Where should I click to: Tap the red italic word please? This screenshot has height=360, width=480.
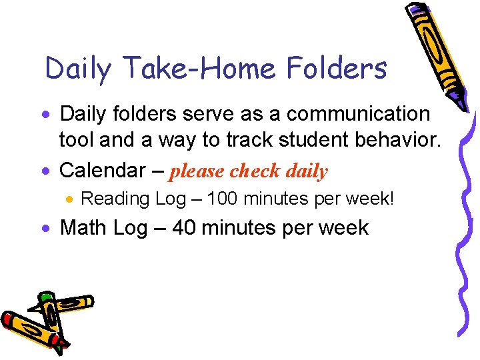point(198,171)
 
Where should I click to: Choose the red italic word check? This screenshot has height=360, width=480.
point(255,171)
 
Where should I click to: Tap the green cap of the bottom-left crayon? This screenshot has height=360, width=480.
point(45,296)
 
